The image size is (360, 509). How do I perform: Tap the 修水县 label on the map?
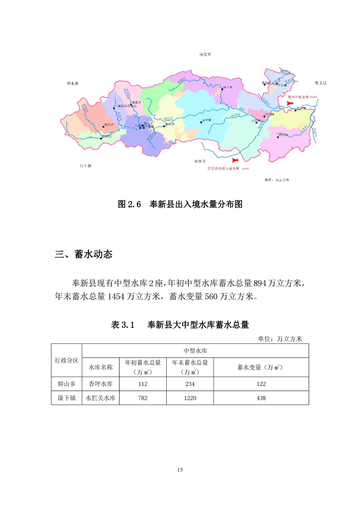[73, 84]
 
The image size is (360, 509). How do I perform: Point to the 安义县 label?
[321, 83]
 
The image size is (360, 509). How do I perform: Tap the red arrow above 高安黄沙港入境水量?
[235, 161]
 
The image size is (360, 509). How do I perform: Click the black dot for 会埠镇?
[201, 122]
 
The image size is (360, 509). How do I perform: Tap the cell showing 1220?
[190, 398]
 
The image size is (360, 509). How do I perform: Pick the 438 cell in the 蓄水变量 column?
[261, 398]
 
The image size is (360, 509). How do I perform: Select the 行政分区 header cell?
[66, 360]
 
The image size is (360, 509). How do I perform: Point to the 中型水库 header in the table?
[196, 351]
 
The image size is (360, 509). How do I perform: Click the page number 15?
[180, 470]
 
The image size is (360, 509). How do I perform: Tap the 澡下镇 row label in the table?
[66, 398]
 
